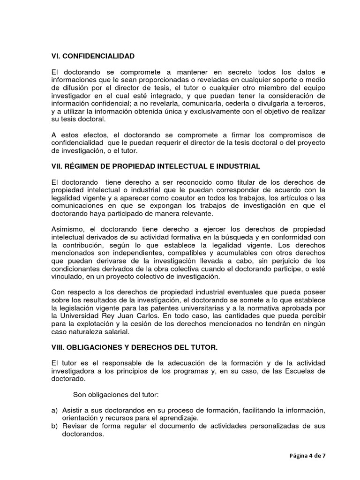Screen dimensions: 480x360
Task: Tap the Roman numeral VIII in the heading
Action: [58, 347]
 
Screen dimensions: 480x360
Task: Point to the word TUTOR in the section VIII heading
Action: [204, 347]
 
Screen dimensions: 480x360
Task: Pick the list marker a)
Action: [54, 410]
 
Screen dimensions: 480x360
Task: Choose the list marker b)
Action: [54, 426]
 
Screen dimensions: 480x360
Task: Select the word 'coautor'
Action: [176, 198]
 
